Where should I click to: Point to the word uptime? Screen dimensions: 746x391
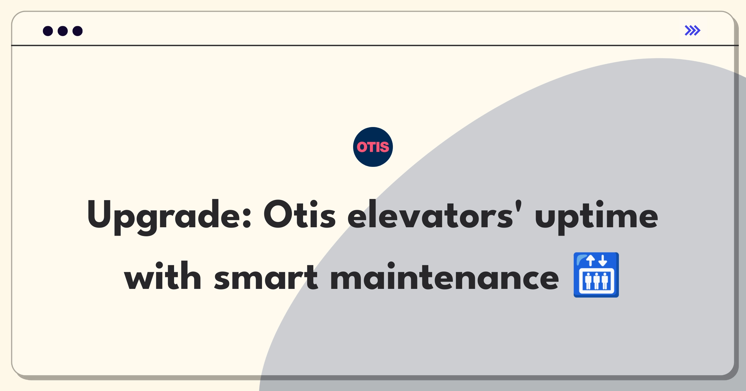click(596, 217)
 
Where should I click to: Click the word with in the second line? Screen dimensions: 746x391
click(163, 276)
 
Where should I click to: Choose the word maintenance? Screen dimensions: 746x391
click(445, 276)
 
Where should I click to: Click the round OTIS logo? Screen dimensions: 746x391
click(373, 147)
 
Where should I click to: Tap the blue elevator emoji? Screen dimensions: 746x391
click(596, 275)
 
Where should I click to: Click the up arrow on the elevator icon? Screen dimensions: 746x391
click(590, 260)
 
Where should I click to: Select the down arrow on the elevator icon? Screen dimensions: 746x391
click(603, 260)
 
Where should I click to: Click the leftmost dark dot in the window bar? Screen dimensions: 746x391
click(48, 31)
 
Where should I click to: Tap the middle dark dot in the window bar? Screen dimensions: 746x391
click(63, 31)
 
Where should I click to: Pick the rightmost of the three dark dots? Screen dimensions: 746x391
click(78, 31)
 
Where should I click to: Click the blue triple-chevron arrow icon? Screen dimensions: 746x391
click(693, 30)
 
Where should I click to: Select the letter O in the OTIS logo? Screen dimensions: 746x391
click(361, 147)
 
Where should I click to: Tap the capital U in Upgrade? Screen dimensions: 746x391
click(99, 214)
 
